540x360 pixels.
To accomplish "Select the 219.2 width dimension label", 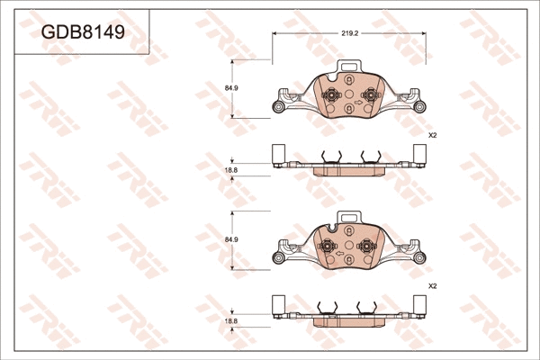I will tap(350, 32).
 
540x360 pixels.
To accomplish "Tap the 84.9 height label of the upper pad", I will tap(231, 87).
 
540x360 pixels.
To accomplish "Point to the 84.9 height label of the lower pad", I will tap(231, 239).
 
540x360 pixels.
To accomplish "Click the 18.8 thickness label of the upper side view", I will tap(231, 170).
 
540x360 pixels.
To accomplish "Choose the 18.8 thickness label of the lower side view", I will tap(231, 320).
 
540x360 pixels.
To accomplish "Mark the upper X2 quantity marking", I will tap(432, 135).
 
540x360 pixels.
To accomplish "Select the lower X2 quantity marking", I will tap(432, 286).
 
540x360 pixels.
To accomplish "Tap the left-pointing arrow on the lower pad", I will tap(350, 261).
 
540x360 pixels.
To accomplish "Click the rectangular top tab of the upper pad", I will tap(349, 67).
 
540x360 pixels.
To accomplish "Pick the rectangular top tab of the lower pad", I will tap(349, 219).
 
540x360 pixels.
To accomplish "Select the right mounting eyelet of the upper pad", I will tap(420, 109).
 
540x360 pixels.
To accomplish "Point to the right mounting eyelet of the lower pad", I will tap(420, 260).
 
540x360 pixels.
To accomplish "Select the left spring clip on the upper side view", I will tap(330, 157).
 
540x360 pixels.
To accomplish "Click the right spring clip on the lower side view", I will tap(369, 309).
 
